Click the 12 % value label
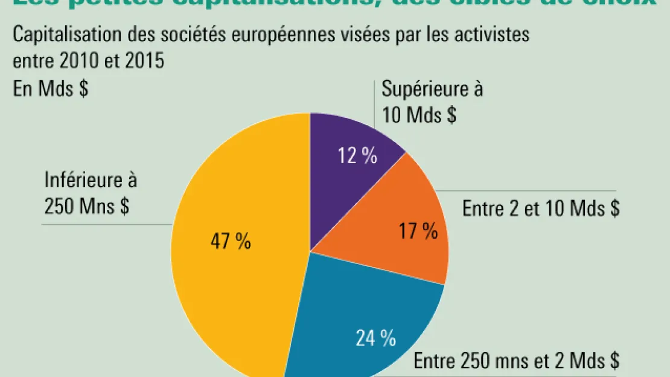point(357,156)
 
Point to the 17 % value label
point(418,231)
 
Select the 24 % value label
point(375,338)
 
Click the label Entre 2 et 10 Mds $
point(541,209)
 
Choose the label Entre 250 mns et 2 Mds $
point(516,361)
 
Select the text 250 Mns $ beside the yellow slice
point(86,207)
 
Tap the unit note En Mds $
point(51,88)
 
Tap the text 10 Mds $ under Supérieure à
point(419,114)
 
